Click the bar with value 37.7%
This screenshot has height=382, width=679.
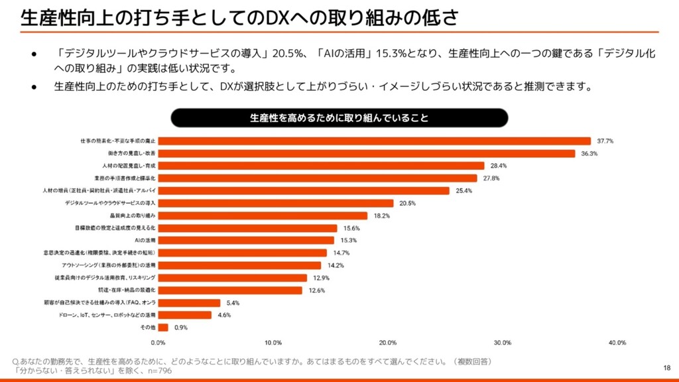[375, 141]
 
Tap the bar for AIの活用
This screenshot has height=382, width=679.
[246, 240]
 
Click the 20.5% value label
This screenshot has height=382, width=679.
[407, 203]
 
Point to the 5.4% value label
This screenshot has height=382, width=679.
[233, 302]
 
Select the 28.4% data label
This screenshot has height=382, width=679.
[498, 166]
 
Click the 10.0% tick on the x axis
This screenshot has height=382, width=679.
[273, 343]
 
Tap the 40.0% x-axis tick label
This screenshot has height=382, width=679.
[617, 343]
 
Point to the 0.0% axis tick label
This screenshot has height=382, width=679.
[158, 343]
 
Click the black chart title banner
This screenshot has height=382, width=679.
[339, 118]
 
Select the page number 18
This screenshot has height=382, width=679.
[666, 367]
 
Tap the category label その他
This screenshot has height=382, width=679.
[148, 328]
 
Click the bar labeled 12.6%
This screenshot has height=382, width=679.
[230, 290]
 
